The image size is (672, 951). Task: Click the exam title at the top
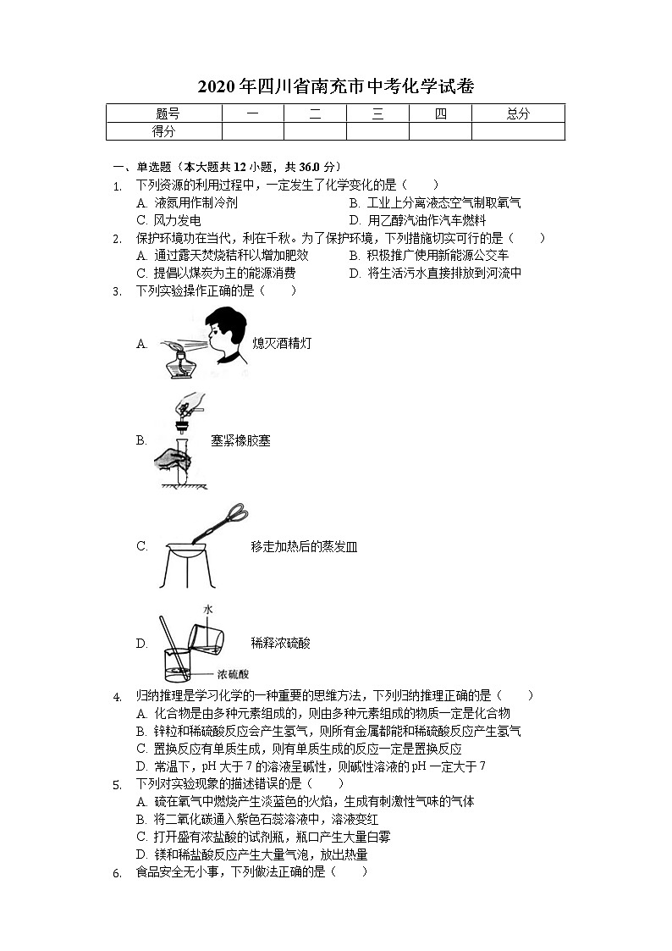point(335,86)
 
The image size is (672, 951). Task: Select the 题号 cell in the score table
point(168,113)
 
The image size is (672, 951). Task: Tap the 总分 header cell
point(517,113)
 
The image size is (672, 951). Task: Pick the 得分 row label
point(163,131)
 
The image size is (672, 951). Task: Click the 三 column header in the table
point(377,113)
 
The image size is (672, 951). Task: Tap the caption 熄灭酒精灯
point(283,344)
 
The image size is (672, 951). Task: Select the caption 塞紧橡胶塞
point(240,440)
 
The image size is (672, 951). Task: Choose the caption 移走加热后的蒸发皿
point(304,547)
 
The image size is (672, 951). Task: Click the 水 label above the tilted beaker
point(207,609)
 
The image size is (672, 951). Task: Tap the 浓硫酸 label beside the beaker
point(233,674)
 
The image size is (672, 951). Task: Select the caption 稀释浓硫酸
point(280,644)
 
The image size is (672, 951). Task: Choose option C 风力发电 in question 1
point(168,220)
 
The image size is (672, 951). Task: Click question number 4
point(117,696)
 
